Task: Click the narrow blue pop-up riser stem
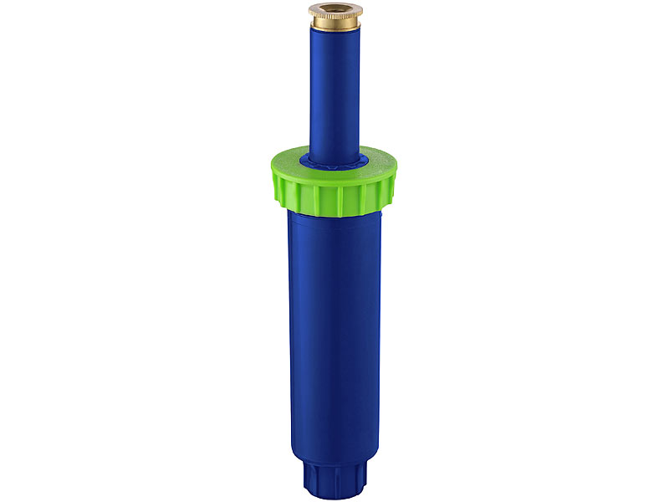pos(334,92)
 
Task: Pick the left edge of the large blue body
pos(289,335)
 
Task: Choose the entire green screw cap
pos(333,180)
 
